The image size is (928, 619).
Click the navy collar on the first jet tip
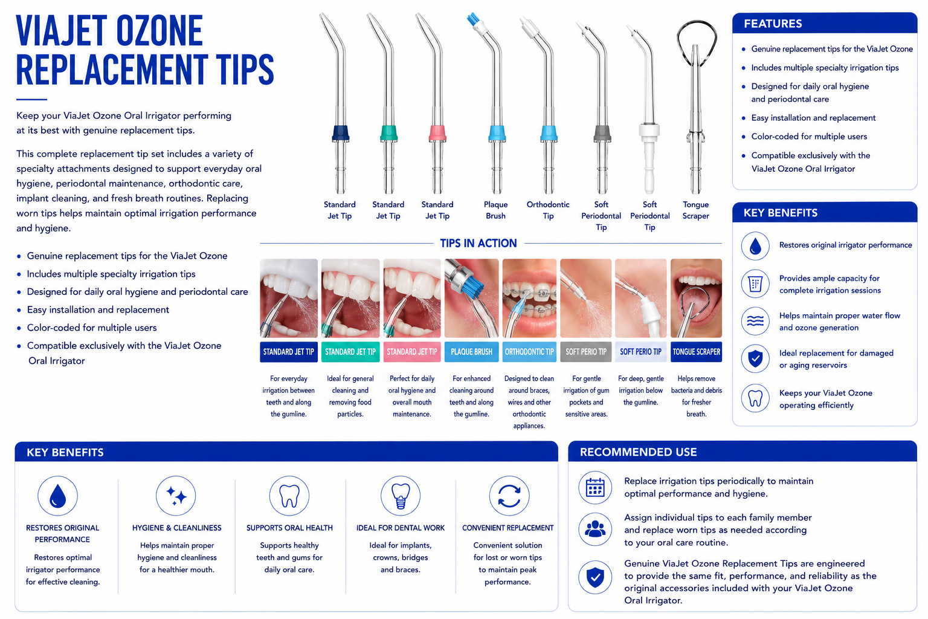point(340,133)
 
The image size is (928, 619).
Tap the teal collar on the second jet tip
point(388,133)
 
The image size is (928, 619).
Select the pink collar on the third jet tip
point(437,133)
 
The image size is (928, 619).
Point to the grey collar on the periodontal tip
point(602,133)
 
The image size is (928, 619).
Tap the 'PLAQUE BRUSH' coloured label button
point(471,352)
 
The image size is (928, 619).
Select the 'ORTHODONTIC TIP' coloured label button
point(529,352)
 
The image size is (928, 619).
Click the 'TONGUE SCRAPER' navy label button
point(696,352)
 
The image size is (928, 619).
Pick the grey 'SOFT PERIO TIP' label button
point(586,352)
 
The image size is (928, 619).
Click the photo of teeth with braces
point(529,298)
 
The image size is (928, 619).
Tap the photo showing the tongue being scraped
point(696,298)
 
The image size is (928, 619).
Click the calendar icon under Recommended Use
point(595,488)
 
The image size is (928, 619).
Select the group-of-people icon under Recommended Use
point(595,529)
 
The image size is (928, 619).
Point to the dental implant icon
point(400,496)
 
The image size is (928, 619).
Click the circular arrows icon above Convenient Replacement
point(509,496)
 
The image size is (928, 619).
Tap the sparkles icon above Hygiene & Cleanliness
point(176,496)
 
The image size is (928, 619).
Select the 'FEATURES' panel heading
point(773,24)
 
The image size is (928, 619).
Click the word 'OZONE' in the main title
point(159,31)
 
